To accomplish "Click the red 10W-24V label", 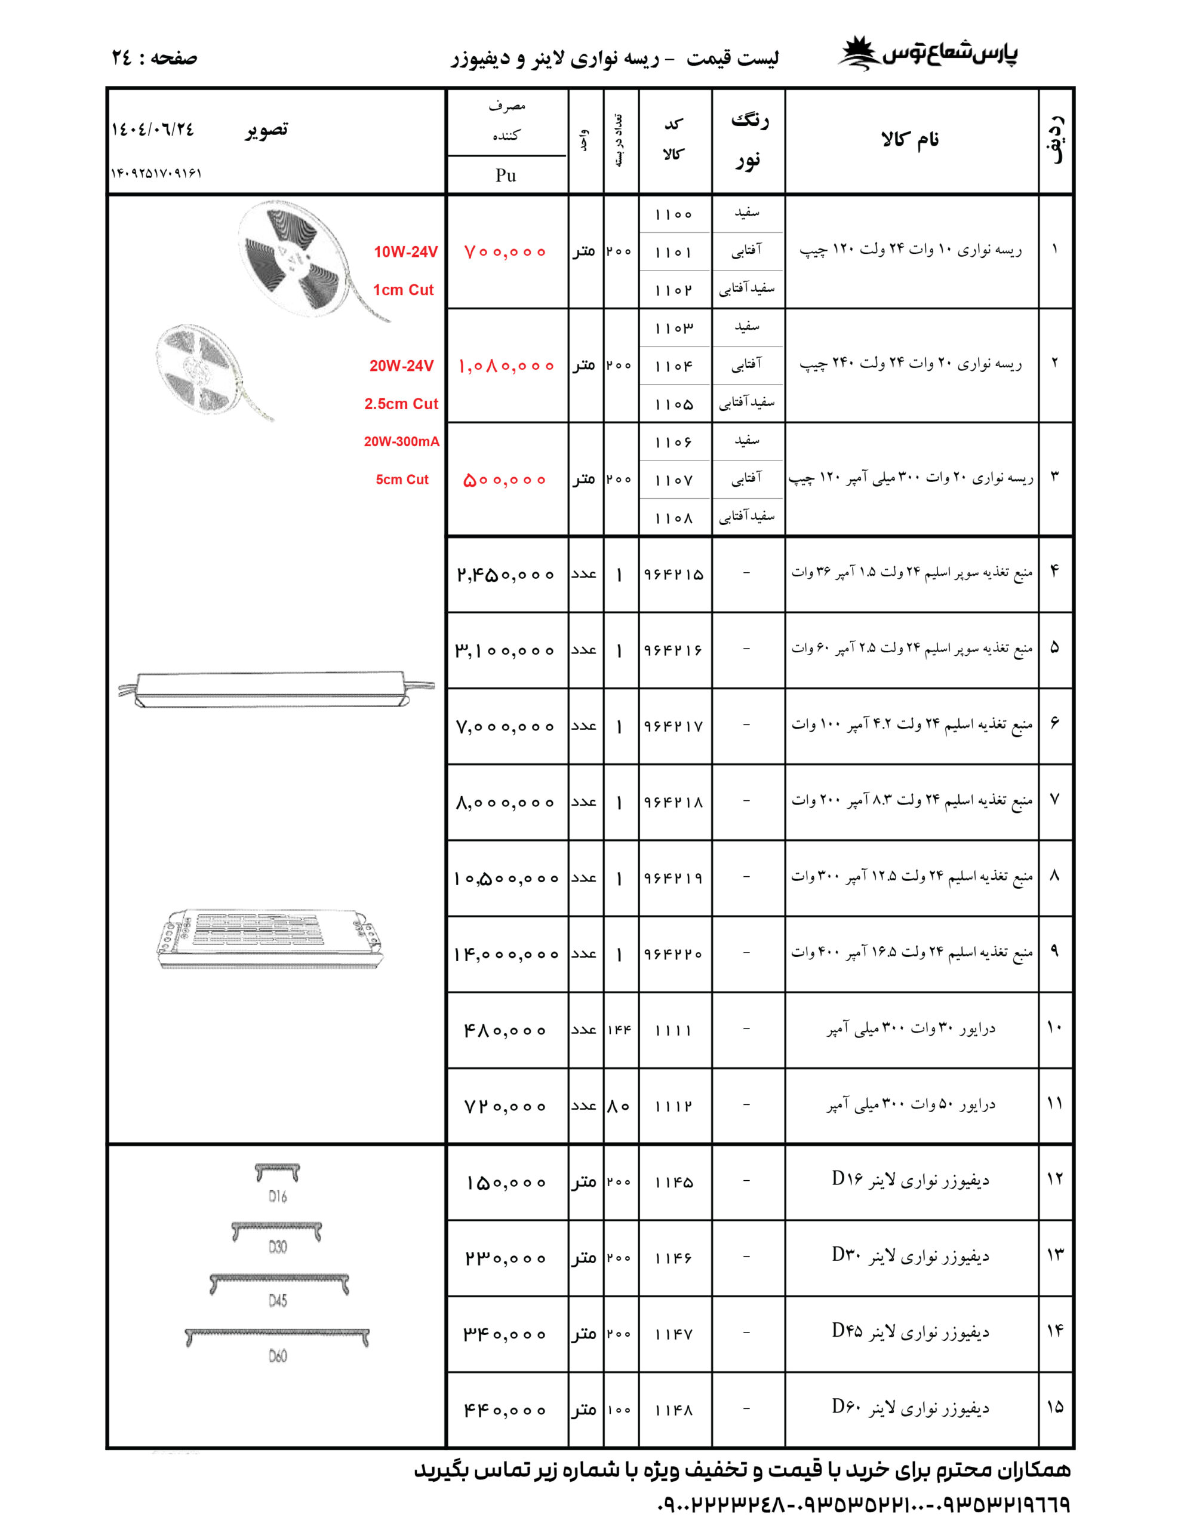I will tap(405, 252).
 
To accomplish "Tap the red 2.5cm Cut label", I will tap(401, 404).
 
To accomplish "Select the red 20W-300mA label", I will tap(401, 442).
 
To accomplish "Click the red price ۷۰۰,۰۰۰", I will tap(504, 252).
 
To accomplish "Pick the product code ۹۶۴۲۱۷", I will tap(673, 727).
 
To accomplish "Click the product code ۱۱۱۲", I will tap(673, 1107).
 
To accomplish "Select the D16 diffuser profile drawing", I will tap(277, 1172).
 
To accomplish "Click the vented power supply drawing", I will tap(269, 939).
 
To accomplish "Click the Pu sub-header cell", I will tap(506, 175).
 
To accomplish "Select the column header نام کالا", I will tap(910, 140).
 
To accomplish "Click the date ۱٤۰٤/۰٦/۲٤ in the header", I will tap(153, 130).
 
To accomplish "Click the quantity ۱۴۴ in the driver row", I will tap(620, 1030).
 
